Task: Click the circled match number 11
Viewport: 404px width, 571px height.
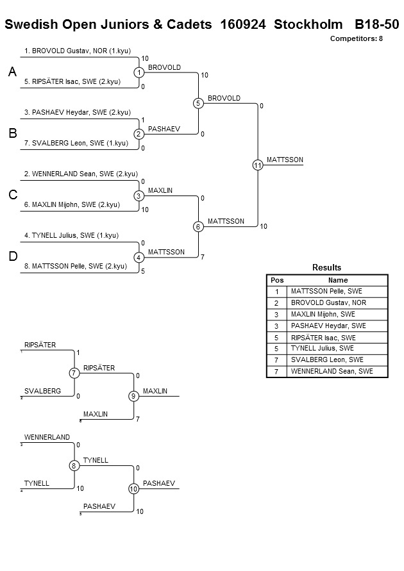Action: [258, 165]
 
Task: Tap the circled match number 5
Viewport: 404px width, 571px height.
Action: [198, 103]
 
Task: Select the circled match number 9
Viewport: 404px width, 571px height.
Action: [133, 396]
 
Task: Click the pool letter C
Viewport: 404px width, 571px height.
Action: [13, 195]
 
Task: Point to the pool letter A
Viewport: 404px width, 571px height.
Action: [12, 72]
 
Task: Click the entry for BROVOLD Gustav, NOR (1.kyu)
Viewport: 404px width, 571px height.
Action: [77, 51]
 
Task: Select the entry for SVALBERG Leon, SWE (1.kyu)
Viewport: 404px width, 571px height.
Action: [76, 143]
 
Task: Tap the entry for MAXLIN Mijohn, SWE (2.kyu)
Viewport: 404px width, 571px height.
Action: [72, 204]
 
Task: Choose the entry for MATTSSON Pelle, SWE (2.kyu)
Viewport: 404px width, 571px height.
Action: [76, 266]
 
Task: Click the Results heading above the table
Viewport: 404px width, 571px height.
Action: [327, 268]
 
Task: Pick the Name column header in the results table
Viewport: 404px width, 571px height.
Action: [338, 280]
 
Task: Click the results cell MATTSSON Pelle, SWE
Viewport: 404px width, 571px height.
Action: [326, 292]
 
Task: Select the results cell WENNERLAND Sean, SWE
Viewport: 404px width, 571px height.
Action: [332, 372]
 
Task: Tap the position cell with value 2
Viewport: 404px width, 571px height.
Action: [276, 303]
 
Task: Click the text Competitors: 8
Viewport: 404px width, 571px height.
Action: [357, 38]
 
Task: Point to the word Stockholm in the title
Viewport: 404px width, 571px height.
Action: [308, 24]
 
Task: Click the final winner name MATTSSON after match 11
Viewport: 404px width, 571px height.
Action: [285, 160]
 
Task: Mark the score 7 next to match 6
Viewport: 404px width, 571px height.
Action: [203, 257]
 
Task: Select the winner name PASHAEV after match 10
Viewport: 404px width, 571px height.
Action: [159, 483]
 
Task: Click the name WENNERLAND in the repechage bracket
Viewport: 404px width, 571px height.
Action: [47, 437]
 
